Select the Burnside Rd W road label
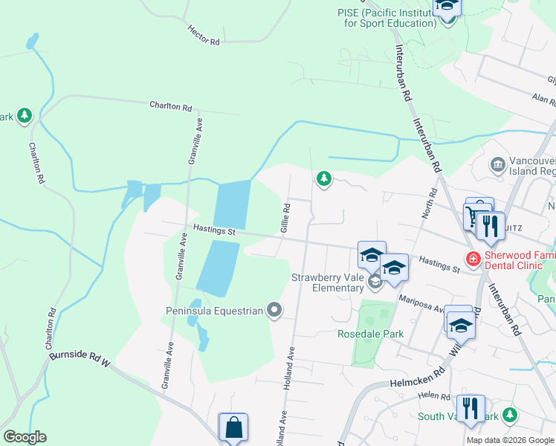[x=80, y=358]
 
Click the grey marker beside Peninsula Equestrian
[x=274, y=310]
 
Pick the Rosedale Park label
[x=371, y=334]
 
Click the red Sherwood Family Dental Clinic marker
[x=472, y=259]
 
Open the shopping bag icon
[x=233, y=427]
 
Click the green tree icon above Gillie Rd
[x=323, y=178]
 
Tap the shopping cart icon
[x=473, y=216]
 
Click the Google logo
[x=25, y=437]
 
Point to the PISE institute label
[x=387, y=18]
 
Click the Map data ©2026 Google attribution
[x=509, y=440]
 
